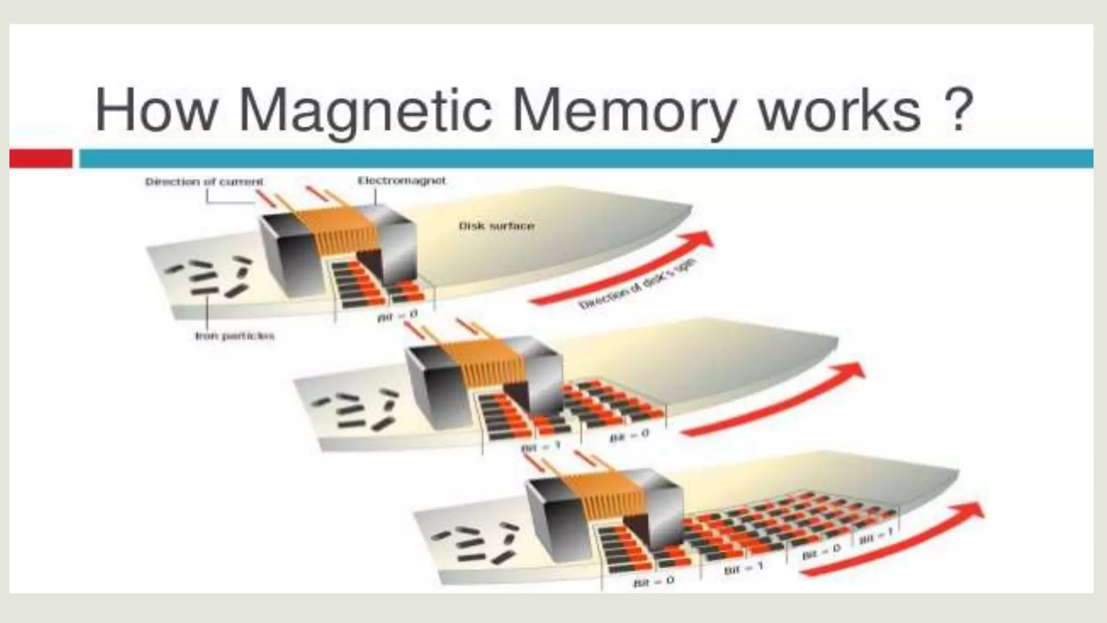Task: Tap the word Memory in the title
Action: click(x=623, y=111)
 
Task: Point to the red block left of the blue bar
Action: click(x=41, y=158)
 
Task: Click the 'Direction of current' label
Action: click(x=204, y=182)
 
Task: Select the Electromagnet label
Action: click(x=402, y=181)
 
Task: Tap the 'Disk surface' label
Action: click(x=496, y=226)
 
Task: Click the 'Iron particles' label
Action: click(x=235, y=336)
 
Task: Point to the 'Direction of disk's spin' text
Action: click(x=638, y=284)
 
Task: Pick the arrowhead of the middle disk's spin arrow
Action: click(x=851, y=372)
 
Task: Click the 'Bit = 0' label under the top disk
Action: click(x=397, y=315)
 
